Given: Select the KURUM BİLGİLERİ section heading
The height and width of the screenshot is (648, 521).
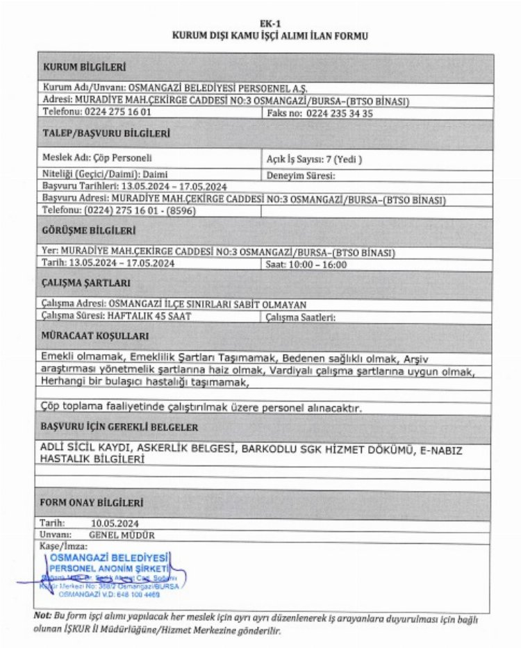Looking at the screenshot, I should click(x=83, y=67).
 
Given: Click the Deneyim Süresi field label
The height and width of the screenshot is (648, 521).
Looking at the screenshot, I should click(x=301, y=176).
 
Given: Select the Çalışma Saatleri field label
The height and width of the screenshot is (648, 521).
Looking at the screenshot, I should click(x=301, y=317).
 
